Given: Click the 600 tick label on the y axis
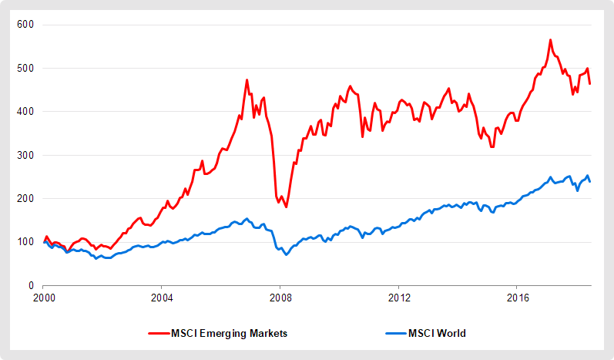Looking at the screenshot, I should pos(26,25).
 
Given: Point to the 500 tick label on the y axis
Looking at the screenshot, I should pos(26,68).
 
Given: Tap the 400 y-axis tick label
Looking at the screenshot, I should pos(26,112).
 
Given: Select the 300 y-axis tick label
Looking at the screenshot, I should pos(26,155).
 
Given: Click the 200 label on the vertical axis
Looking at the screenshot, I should pos(26,198).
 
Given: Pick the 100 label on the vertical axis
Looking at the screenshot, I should pos(26,242).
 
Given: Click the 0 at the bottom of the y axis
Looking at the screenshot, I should pos(32,285).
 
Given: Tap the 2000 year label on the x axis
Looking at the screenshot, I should pos(43,297).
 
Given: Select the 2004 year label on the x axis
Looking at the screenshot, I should pos(162,297).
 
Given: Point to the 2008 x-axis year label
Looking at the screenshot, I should pos(280,297).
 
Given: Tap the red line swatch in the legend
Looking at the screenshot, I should pos(160,334).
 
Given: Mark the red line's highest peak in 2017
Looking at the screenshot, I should pos(550,40).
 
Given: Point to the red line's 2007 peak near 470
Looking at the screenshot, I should pos(247,79).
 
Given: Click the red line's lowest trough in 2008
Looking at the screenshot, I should pos(286,207).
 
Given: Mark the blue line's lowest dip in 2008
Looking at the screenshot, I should pos(287,254).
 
